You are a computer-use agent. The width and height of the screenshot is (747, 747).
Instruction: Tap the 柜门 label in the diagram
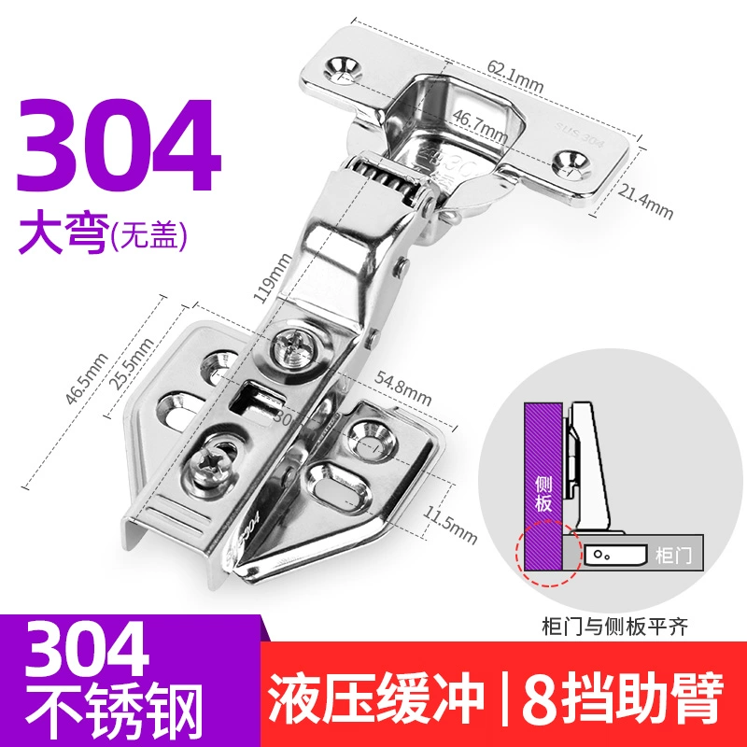pyautogui.click(x=672, y=555)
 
